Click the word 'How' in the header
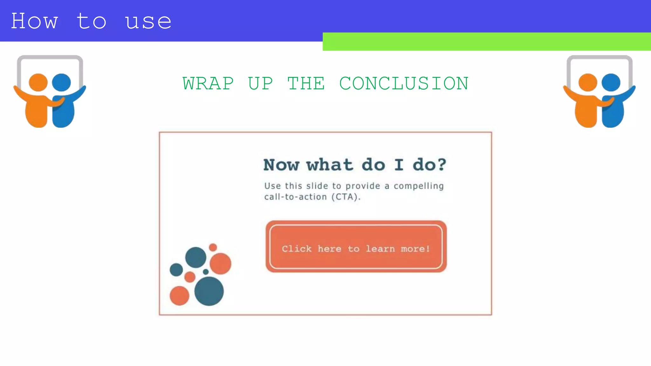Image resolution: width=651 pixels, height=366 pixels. coord(34,21)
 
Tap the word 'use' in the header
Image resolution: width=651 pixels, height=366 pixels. coord(148,22)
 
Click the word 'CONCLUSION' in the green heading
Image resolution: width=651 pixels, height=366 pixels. coord(404,84)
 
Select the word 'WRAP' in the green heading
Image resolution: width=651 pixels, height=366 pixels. coord(208,84)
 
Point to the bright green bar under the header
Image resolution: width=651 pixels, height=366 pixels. coord(486,42)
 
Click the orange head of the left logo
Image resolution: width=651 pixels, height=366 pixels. coord(38,82)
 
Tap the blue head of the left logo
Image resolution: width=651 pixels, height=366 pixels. coord(61,82)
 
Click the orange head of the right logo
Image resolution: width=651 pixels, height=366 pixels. coord(588,82)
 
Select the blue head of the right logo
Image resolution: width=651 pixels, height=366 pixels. coord(611,82)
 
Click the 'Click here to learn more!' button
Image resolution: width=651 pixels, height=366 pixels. coord(356,247)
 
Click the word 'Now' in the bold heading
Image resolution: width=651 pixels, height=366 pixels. coord(281,165)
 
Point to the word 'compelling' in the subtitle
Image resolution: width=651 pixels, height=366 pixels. coord(419,186)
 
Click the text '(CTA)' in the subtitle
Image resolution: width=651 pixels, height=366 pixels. coord(345,197)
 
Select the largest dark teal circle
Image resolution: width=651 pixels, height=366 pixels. coord(209,291)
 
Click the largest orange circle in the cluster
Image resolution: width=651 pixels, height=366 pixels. coord(220,263)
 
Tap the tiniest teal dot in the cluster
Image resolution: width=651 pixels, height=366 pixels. coord(206,272)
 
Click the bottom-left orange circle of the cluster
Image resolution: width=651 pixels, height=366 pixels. coord(179,295)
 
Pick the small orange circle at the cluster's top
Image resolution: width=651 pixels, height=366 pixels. coord(213,247)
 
